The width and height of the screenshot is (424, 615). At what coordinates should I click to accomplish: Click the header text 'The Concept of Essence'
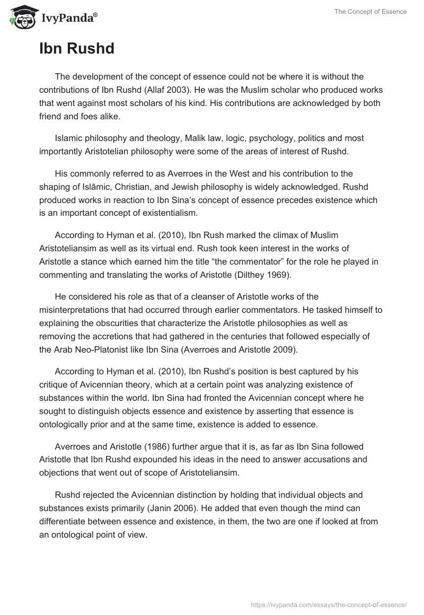click(370, 12)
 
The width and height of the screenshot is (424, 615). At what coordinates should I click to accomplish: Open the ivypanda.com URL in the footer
click(327, 603)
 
